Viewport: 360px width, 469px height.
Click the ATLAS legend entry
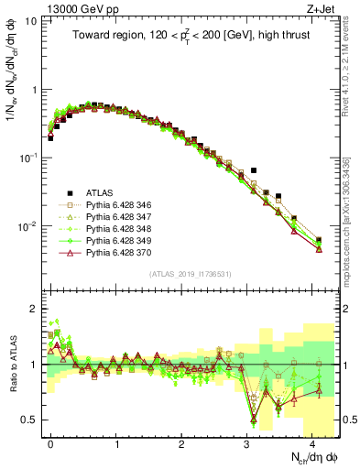100,192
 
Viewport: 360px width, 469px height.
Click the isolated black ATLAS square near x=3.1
254,170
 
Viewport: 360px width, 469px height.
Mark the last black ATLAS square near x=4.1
319,240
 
